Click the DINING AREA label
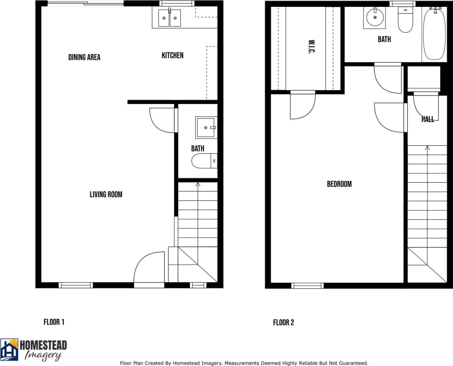point(84,57)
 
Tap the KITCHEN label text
point(173,55)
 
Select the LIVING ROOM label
point(106,194)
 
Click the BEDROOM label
point(339,184)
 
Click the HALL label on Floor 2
point(428,119)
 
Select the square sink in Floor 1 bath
point(206,128)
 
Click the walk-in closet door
point(302,106)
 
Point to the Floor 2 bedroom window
point(307,286)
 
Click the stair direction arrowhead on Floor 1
point(198,184)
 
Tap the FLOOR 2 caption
point(284,323)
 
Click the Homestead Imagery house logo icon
point(9,349)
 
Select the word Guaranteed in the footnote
point(351,363)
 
